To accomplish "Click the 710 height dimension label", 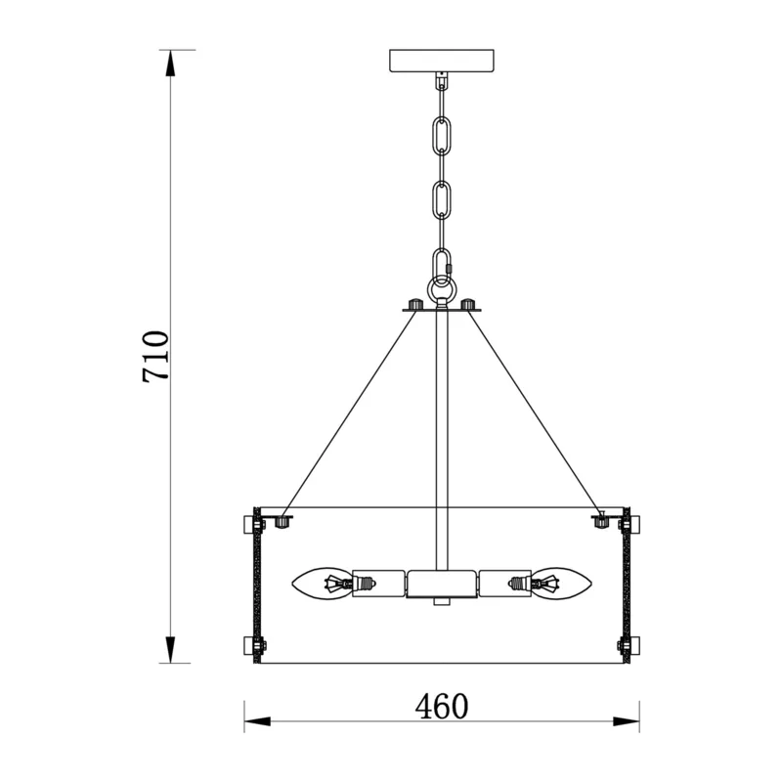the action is pos(156,356).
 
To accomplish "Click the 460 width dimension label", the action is pos(442,706).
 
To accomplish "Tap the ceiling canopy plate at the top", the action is pos(442,61).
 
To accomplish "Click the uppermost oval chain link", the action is pos(442,134).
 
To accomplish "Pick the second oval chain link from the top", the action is pos(442,199).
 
